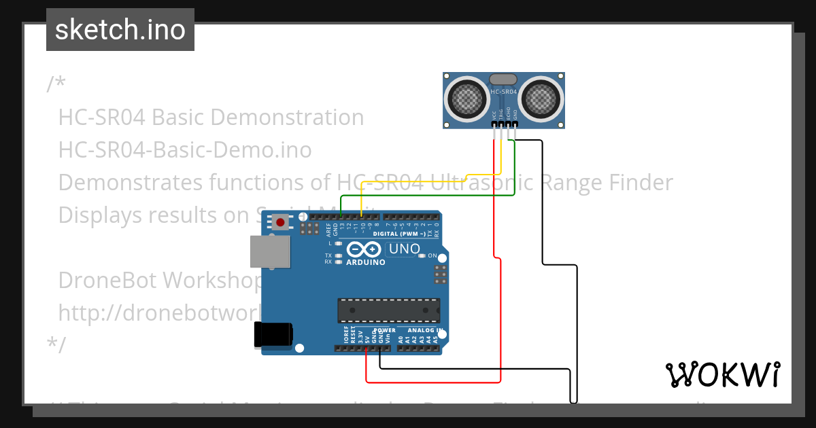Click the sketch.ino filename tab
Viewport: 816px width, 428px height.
(x=120, y=30)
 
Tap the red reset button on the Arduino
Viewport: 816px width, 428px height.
(x=280, y=221)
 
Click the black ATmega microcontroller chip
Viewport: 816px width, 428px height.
(x=389, y=310)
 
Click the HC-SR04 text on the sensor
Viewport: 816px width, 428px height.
(x=504, y=91)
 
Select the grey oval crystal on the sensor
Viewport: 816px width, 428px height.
(x=504, y=79)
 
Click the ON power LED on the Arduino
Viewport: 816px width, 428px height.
(x=422, y=256)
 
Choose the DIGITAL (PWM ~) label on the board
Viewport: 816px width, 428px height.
(x=399, y=234)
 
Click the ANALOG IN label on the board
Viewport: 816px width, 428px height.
(x=425, y=331)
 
